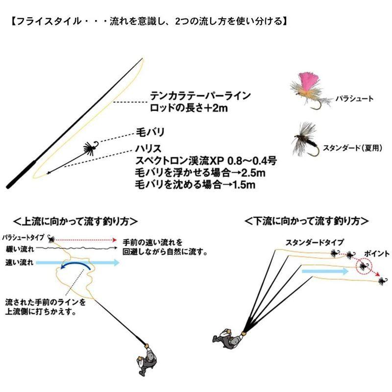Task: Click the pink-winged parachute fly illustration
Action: (308, 89)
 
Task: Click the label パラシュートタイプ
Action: (22, 237)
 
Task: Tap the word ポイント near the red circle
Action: (377, 253)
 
